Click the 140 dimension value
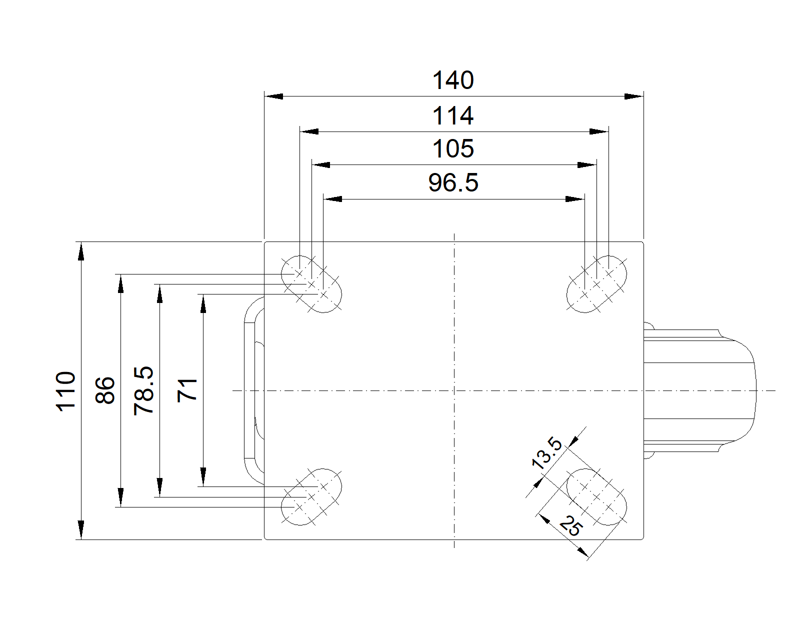452,80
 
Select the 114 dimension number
452,116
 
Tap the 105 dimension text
452,149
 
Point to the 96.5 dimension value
453,183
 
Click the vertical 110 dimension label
66,390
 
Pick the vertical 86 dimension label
105,390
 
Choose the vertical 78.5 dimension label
144,390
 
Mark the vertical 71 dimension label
188,390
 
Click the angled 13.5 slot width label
547,453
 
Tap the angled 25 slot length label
570,526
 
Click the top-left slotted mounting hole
311,284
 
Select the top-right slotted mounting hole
596,284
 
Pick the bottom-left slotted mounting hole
311,497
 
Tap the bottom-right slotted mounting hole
596,497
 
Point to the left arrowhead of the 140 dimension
273,96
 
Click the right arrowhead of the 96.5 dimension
575,199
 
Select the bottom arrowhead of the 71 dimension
203,477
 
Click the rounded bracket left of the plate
252,390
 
